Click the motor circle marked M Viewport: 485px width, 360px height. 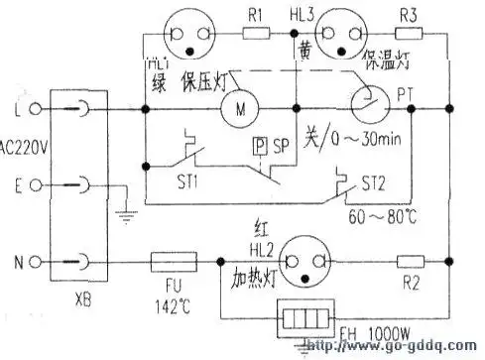coord(239,106)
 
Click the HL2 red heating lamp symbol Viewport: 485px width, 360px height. coord(304,262)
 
